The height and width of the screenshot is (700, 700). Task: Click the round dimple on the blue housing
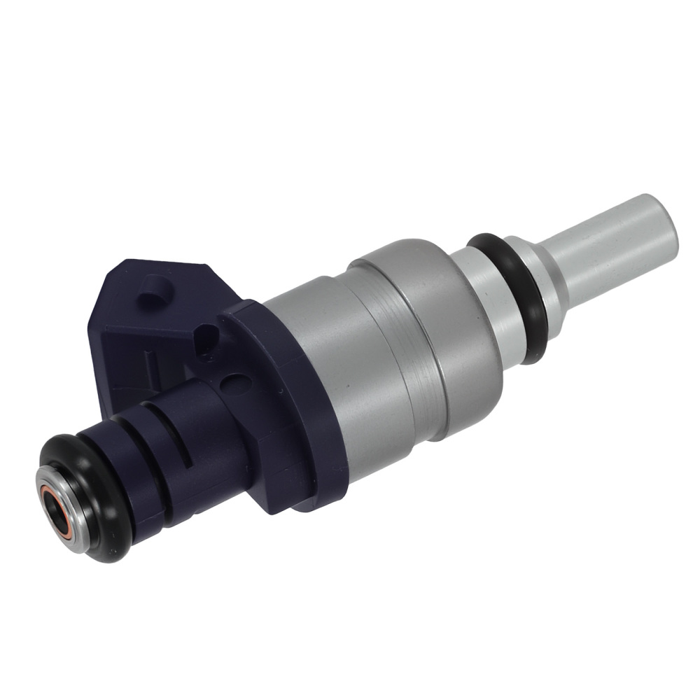point(237,384)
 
